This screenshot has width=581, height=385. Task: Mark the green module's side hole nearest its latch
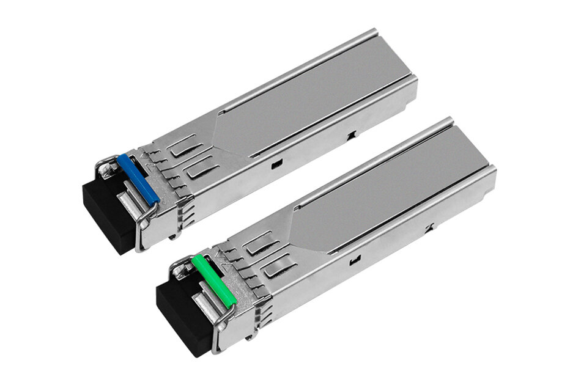353,263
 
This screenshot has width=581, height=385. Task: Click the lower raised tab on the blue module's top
199,167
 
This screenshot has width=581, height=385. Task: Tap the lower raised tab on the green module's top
278,262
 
